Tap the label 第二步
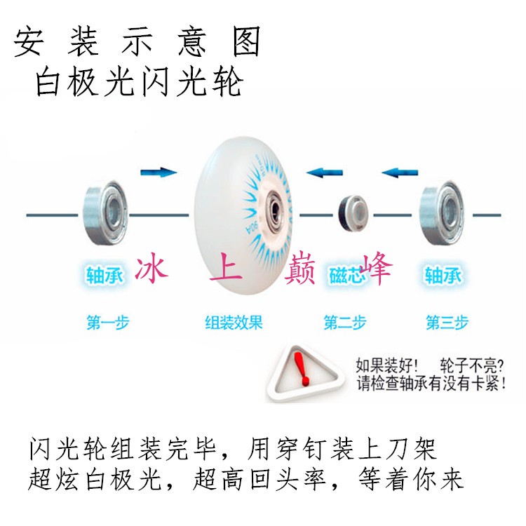344,323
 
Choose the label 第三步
447,323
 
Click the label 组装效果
234,323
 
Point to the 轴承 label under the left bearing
104,274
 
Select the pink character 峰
373,269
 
